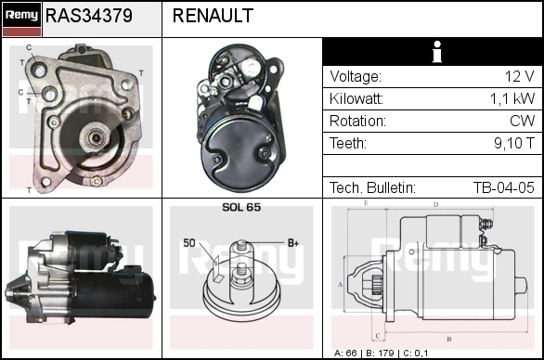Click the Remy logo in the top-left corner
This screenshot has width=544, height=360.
coord(21,19)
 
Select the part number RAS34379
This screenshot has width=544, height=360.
coord(89,16)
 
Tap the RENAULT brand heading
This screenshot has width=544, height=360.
coord(213,16)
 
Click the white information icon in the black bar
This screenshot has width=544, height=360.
coord(437,52)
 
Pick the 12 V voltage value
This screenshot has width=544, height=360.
coord(519,76)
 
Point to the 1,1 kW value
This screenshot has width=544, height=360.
coord(512,99)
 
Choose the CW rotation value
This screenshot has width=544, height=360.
coord(522,121)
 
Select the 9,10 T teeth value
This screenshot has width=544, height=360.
coord(514,143)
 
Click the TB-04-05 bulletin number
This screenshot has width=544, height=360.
coord(504,187)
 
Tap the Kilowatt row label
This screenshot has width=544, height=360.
coord(356,99)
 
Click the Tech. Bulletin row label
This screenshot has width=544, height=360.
coord(372,187)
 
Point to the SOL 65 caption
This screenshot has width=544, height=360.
coord(241,207)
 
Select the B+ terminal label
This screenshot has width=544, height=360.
coord(293,243)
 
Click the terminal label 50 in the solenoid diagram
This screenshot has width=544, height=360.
coord(189,243)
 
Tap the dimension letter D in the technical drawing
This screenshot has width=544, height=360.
coord(435,205)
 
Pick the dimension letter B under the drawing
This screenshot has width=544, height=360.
coord(449,339)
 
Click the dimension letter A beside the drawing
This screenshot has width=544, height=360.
coord(341,285)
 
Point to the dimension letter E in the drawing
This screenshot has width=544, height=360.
coord(366,203)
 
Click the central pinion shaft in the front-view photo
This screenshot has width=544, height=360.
coord(95,138)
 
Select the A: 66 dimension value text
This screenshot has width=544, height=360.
coord(345,354)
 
